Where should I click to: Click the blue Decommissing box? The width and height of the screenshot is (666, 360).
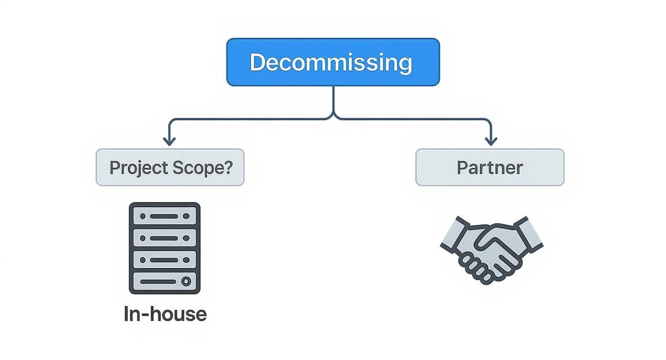pos(333,62)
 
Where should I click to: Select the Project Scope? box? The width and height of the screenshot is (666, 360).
pos(170,168)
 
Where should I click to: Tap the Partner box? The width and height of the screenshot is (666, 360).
pos(489,168)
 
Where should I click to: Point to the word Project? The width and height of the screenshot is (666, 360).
pos(132,168)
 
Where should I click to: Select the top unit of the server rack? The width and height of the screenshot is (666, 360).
pos(165,216)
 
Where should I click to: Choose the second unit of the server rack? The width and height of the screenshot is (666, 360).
pos(165,238)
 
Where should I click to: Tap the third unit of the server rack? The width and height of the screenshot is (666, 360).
pos(165,259)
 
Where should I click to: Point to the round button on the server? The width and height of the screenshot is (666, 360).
pos(187,281)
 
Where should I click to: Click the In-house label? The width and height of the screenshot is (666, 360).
pos(165,314)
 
